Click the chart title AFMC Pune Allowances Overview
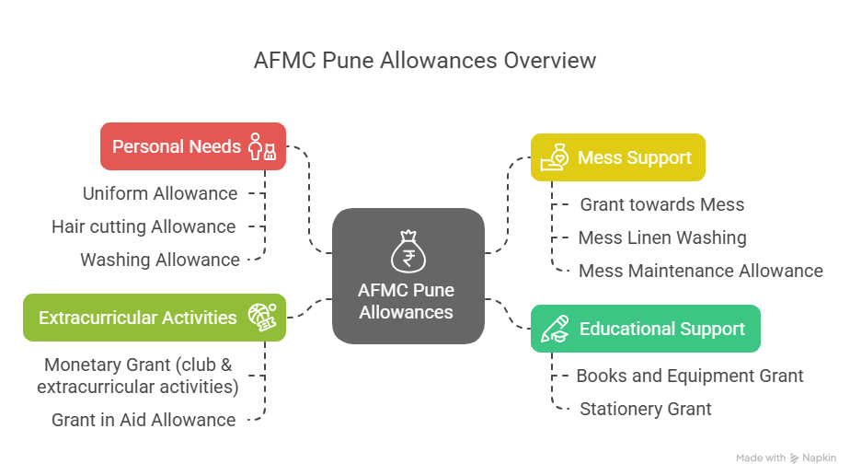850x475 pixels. pos(425,61)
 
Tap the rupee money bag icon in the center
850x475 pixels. pos(408,252)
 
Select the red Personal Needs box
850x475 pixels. pos(192,146)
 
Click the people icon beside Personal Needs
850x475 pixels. pos(262,146)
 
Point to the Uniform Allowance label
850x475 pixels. pos(160,193)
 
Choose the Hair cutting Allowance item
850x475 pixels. pos(144,226)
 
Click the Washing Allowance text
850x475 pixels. pos(160,260)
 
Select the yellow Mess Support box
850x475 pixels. pos(617,157)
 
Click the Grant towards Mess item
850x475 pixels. pos(661,204)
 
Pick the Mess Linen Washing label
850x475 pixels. pos(661,237)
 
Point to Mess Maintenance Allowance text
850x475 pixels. pos(700,271)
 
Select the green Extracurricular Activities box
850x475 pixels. pos(154,318)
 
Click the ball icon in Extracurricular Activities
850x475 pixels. pos(261,318)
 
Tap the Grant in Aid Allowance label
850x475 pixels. pos(144,420)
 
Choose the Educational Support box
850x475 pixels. pos(646,329)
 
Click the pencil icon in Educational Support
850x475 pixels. pos(555,329)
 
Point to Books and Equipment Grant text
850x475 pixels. pos(689,376)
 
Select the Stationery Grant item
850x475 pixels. pos(645,409)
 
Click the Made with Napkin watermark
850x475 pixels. pos(787,458)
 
